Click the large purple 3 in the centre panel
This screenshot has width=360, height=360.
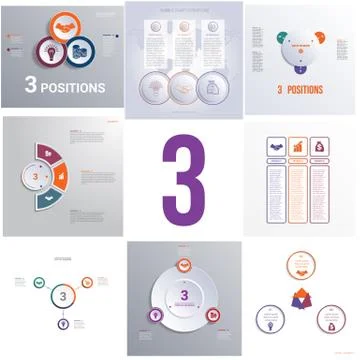coord(183,180)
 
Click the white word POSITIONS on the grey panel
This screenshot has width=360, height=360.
coord(74,87)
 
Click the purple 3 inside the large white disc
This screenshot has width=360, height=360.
coord(184,296)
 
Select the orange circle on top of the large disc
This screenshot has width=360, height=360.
coord(184,264)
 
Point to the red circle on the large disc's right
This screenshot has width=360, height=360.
coord(213,314)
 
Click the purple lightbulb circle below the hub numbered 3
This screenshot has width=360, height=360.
coord(64,324)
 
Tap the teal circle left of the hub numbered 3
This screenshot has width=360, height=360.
coord(38,281)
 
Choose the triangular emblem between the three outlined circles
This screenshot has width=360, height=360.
coord(299,296)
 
